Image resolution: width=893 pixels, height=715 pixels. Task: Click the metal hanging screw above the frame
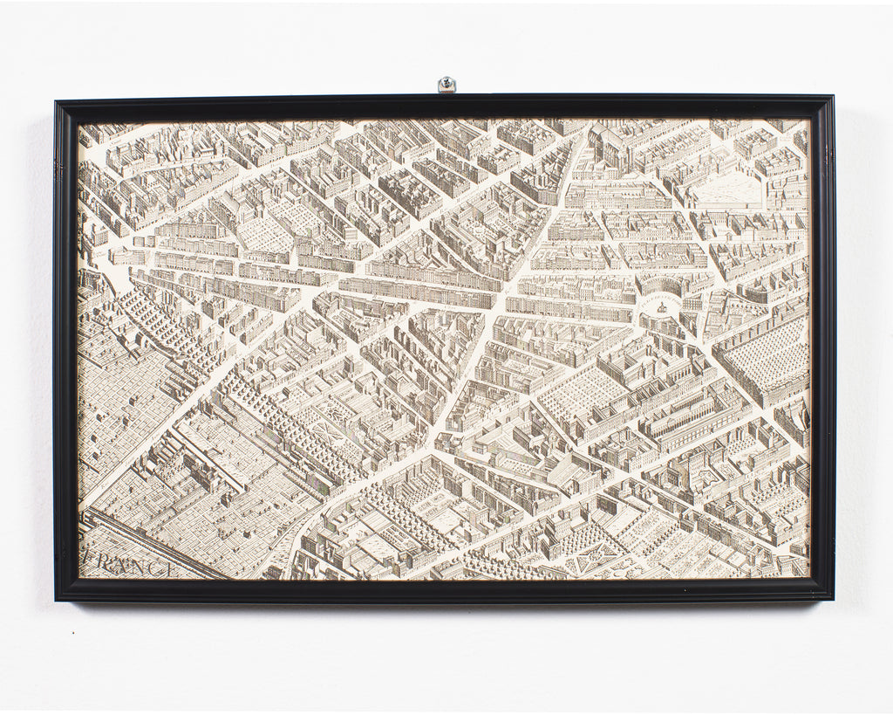[x=446, y=84]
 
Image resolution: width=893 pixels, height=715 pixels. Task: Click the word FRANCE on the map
[x=129, y=565]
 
